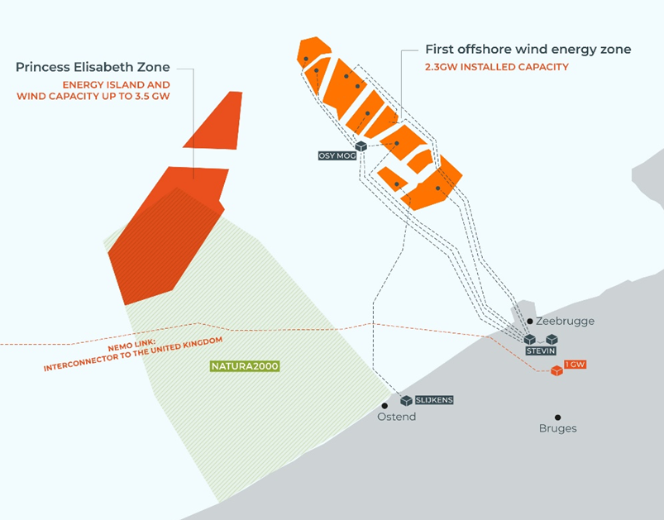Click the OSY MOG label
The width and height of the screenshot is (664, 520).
point(337,155)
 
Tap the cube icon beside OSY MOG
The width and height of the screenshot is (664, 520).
point(361,146)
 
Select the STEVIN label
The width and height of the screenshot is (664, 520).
point(541,351)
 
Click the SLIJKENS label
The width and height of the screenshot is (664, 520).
point(434,400)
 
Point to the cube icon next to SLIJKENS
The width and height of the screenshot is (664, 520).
point(407,401)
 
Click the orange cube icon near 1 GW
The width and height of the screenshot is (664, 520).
point(557,371)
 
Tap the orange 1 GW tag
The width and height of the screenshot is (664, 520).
point(575,365)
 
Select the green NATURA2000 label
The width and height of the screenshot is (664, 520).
point(245,366)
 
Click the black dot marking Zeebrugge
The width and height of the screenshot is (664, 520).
point(530,322)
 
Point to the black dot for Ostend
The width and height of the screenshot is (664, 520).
point(385,406)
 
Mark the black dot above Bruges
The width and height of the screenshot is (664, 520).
point(557,417)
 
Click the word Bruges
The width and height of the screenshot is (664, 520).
point(557,428)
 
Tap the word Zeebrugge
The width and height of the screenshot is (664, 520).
point(566,322)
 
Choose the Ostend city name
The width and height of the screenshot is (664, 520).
point(396,417)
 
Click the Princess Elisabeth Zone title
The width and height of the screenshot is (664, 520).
point(93,67)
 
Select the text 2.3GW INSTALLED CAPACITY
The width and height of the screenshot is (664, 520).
point(497,67)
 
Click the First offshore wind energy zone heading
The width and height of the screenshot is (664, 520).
point(528,50)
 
